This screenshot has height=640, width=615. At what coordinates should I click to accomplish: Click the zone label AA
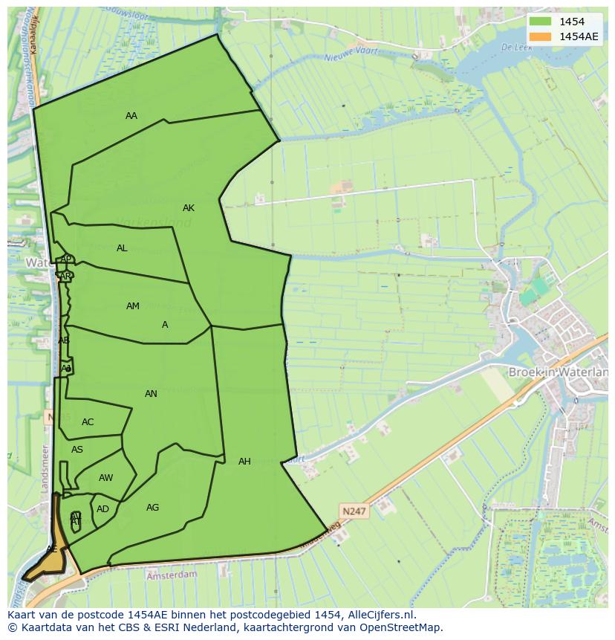pyautogui.click(x=131, y=115)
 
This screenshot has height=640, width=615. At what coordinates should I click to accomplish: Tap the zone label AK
pyautogui.click(x=189, y=208)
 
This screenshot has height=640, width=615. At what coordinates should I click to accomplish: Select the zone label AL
pyautogui.click(x=122, y=248)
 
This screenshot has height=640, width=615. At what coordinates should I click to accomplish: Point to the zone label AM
pyautogui.click(x=133, y=306)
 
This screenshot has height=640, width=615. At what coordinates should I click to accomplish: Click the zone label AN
pyautogui.click(x=151, y=394)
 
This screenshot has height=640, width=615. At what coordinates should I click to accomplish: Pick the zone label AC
pyautogui.click(x=88, y=422)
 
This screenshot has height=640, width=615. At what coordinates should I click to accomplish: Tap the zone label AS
pyautogui.click(x=77, y=450)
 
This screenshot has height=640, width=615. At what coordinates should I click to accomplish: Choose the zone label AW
pyautogui.click(x=106, y=478)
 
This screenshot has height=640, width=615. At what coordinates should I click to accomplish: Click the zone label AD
pyautogui.click(x=102, y=509)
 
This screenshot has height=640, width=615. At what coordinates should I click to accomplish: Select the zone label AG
pyautogui.click(x=152, y=508)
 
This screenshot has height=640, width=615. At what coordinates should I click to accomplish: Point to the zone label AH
pyautogui.click(x=244, y=462)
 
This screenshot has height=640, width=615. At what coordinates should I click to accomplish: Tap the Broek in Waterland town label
pyautogui.click(x=557, y=372)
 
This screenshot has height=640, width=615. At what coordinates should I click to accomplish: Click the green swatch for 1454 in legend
pyautogui.click(x=540, y=22)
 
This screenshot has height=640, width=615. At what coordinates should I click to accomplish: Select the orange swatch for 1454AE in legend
pyautogui.click(x=540, y=36)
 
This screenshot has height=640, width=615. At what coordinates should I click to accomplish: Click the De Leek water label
pyautogui.click(x=513, y=47)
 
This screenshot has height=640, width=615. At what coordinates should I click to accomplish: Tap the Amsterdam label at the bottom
pyautogui.click(x=172, y=575)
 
